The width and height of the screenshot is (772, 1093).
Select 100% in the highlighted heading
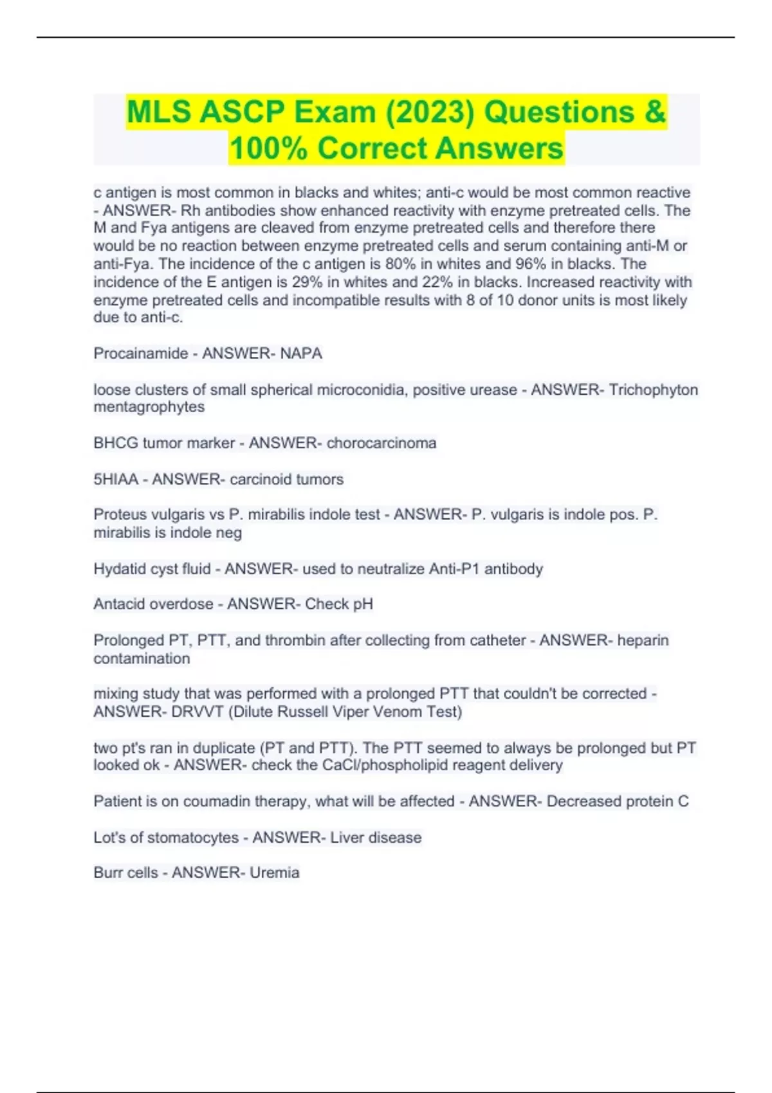click(x=267, y=149)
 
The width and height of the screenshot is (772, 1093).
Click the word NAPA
click(x=301, y=354)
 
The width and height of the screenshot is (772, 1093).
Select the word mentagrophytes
click(x=149, y=407)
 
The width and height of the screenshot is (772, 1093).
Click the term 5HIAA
click(x=116, y=479)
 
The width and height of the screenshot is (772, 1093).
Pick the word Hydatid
click(x=119, y=569)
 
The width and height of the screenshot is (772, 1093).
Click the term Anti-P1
click(x=454, y=569)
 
